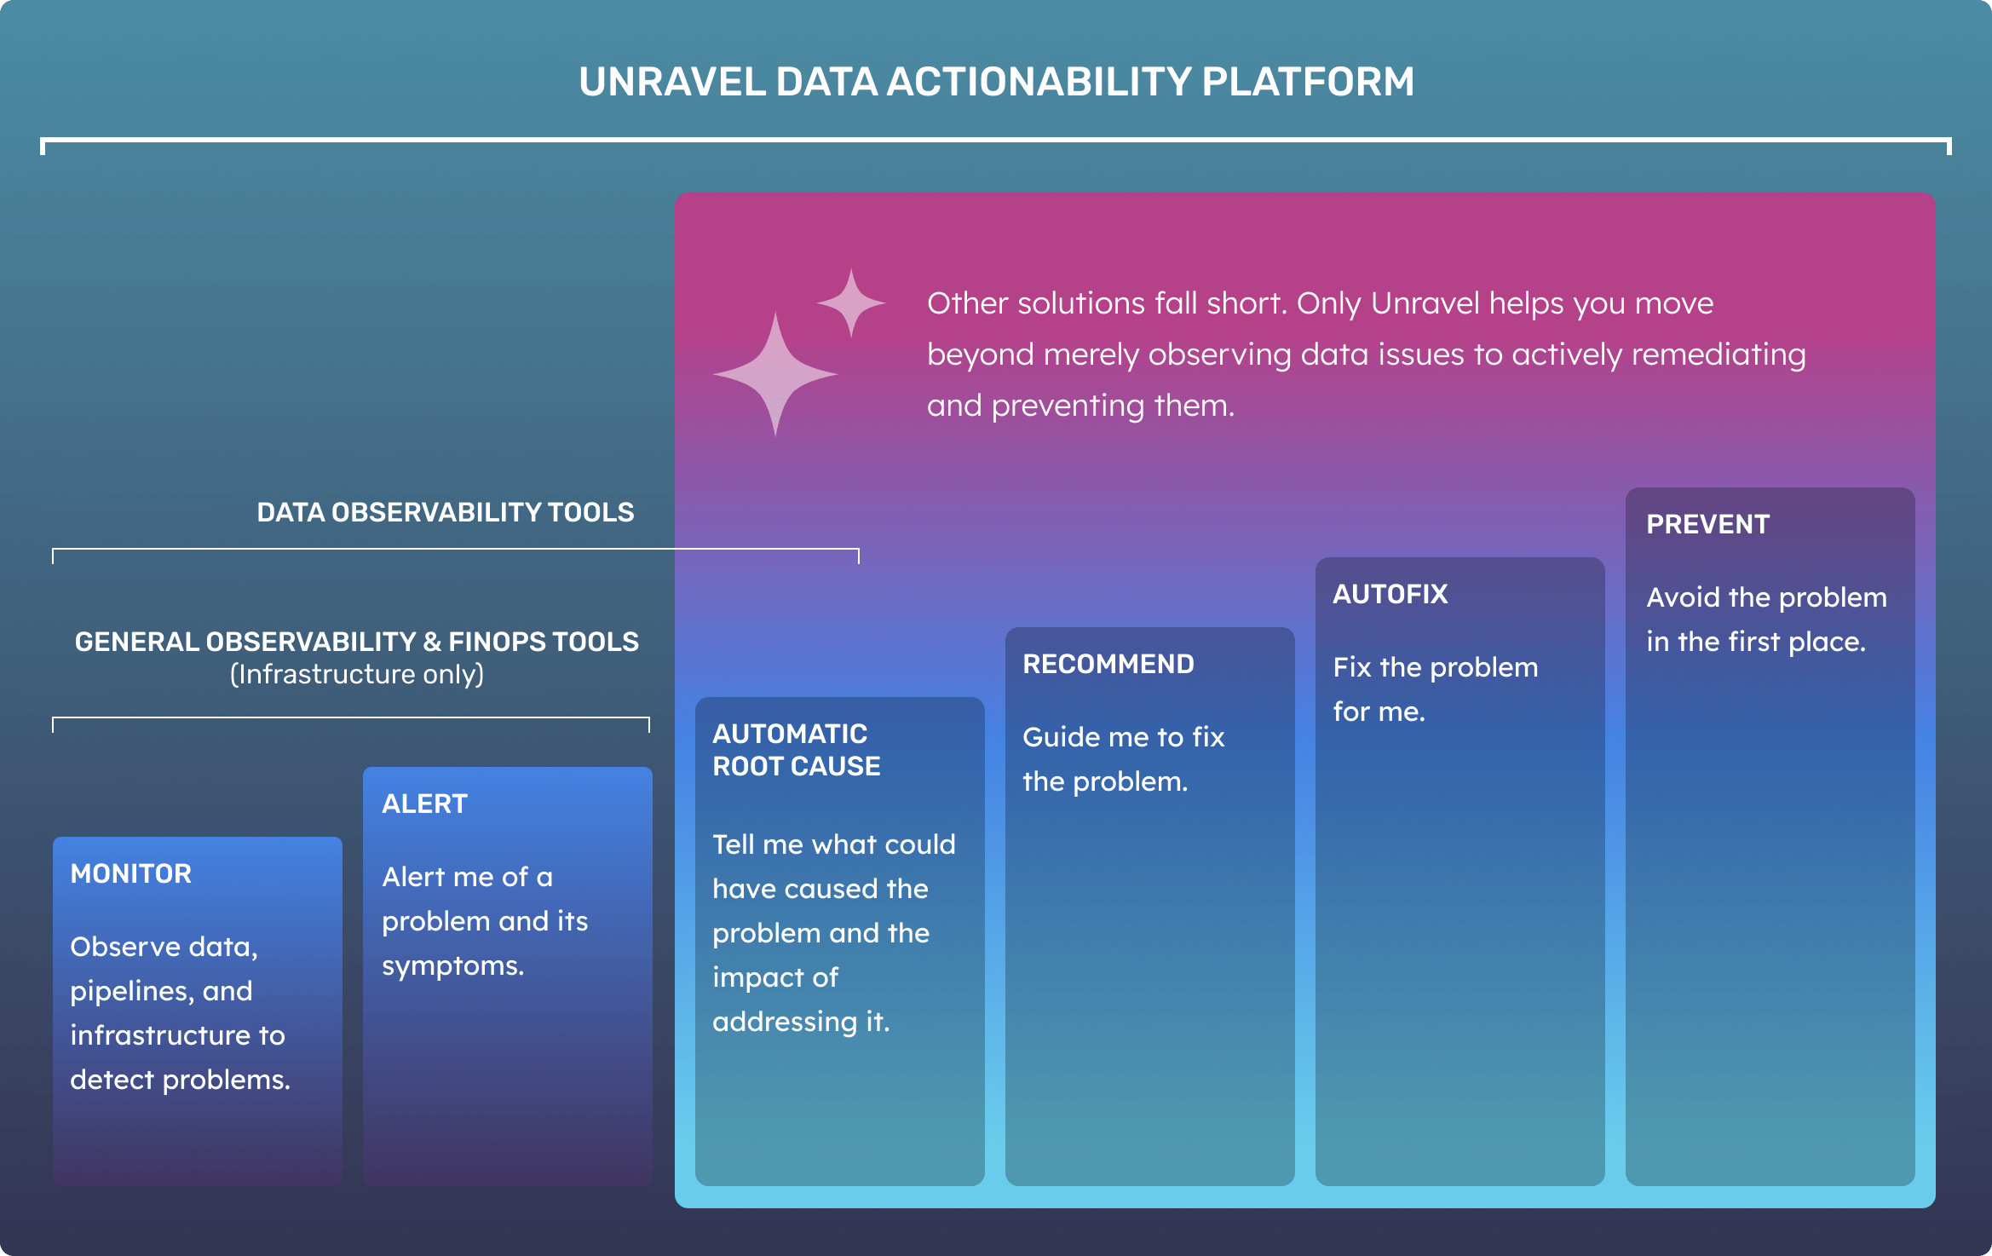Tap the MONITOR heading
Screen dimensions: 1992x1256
click(131, 873)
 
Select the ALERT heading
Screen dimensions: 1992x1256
click(424, 804)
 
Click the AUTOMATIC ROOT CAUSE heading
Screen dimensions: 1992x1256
click(797, 750)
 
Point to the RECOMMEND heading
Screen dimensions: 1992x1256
click(1108, 664)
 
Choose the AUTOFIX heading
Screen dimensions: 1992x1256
click(1390, 594)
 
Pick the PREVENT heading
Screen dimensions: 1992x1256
click(1708, 524)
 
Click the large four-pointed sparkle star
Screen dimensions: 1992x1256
click(775, 374)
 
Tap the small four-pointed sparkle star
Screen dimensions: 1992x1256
click(851, 302)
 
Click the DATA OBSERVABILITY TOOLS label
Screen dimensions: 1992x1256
click(446, 512)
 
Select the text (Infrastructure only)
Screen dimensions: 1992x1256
click(357, 674)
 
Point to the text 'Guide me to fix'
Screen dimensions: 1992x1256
click(1124, 737)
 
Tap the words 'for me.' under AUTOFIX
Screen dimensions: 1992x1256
click(1379, 712)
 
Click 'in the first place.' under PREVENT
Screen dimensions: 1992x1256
click(1756, 642)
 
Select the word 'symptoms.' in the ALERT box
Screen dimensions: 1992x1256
click(453, 966)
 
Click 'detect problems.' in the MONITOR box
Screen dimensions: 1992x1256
click(181, 1080)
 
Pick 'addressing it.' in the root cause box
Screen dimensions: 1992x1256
click(802, 1022)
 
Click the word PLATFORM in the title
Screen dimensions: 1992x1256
click(1308, 82)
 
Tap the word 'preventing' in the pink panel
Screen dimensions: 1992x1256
click(1070, 406)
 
